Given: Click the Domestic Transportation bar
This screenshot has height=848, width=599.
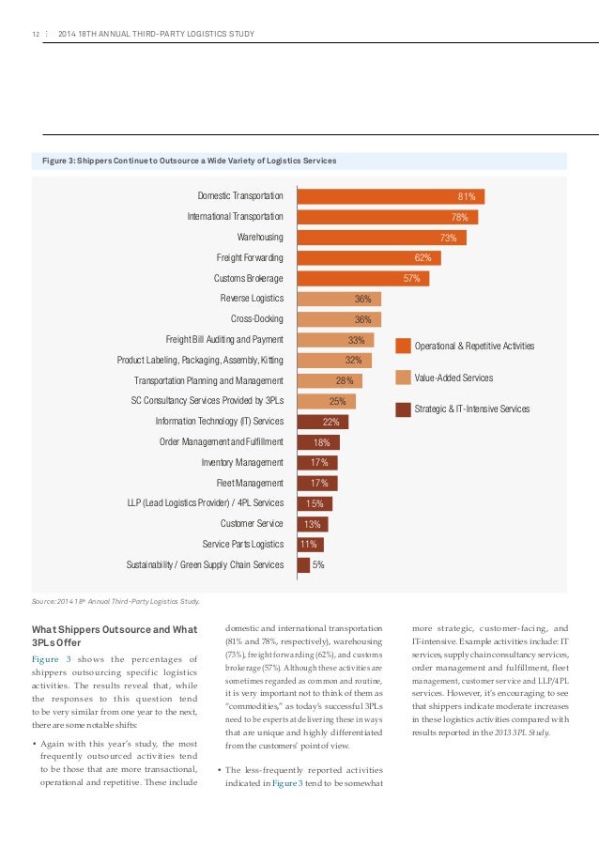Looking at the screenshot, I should tap(391, 196).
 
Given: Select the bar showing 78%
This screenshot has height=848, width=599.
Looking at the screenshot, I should tap(387, 217).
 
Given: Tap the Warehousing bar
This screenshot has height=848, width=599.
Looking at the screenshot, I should tap(381, 238).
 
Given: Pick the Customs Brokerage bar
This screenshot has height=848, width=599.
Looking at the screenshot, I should tap(362, 279).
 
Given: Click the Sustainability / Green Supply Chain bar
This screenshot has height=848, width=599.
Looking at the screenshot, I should tap(303, 565).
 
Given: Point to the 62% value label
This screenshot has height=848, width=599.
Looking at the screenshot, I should tap(422, 258).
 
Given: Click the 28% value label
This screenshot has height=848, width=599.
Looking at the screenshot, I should tap(345, 380).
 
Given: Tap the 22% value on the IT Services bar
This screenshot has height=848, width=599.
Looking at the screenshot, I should tap(330, 422).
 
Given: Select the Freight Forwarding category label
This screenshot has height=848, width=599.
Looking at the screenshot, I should tap(250, 258).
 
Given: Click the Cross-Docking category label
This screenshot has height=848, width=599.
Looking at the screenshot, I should tap(256, 319).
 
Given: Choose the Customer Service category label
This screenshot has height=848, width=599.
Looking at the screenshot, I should tap(252, 524).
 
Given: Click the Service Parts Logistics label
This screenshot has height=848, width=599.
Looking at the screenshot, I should tap(243, 545).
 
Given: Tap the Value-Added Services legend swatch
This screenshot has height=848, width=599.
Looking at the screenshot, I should tap(403, 378).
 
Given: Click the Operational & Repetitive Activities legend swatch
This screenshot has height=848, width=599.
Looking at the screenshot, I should tap(403, 347).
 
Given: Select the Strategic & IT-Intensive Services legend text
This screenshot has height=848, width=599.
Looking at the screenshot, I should tap(472, 409).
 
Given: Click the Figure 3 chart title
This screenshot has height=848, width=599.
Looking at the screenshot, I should tap(189, 161).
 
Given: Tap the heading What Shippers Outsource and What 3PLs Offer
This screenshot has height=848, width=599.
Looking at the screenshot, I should tap(113, 636).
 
